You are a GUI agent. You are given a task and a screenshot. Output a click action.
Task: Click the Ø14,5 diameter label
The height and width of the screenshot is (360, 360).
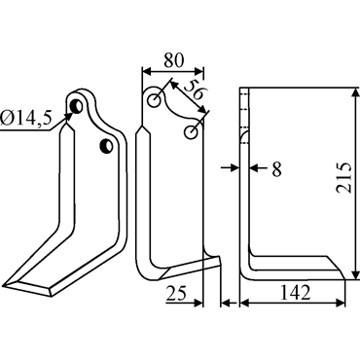26,119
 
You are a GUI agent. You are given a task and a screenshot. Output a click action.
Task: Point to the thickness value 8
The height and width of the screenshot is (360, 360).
276,169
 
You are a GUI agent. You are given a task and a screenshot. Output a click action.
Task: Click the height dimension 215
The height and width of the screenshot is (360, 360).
344,178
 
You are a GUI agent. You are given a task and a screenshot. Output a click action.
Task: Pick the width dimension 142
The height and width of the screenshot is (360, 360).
295,292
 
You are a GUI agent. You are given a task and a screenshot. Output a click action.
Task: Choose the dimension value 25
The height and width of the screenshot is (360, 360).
176,293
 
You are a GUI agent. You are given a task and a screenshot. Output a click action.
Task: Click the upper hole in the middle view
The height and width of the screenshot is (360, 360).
154,100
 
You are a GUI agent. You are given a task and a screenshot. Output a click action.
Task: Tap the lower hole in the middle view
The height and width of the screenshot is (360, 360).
191,132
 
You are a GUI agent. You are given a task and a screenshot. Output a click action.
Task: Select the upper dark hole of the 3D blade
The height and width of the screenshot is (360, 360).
77,106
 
